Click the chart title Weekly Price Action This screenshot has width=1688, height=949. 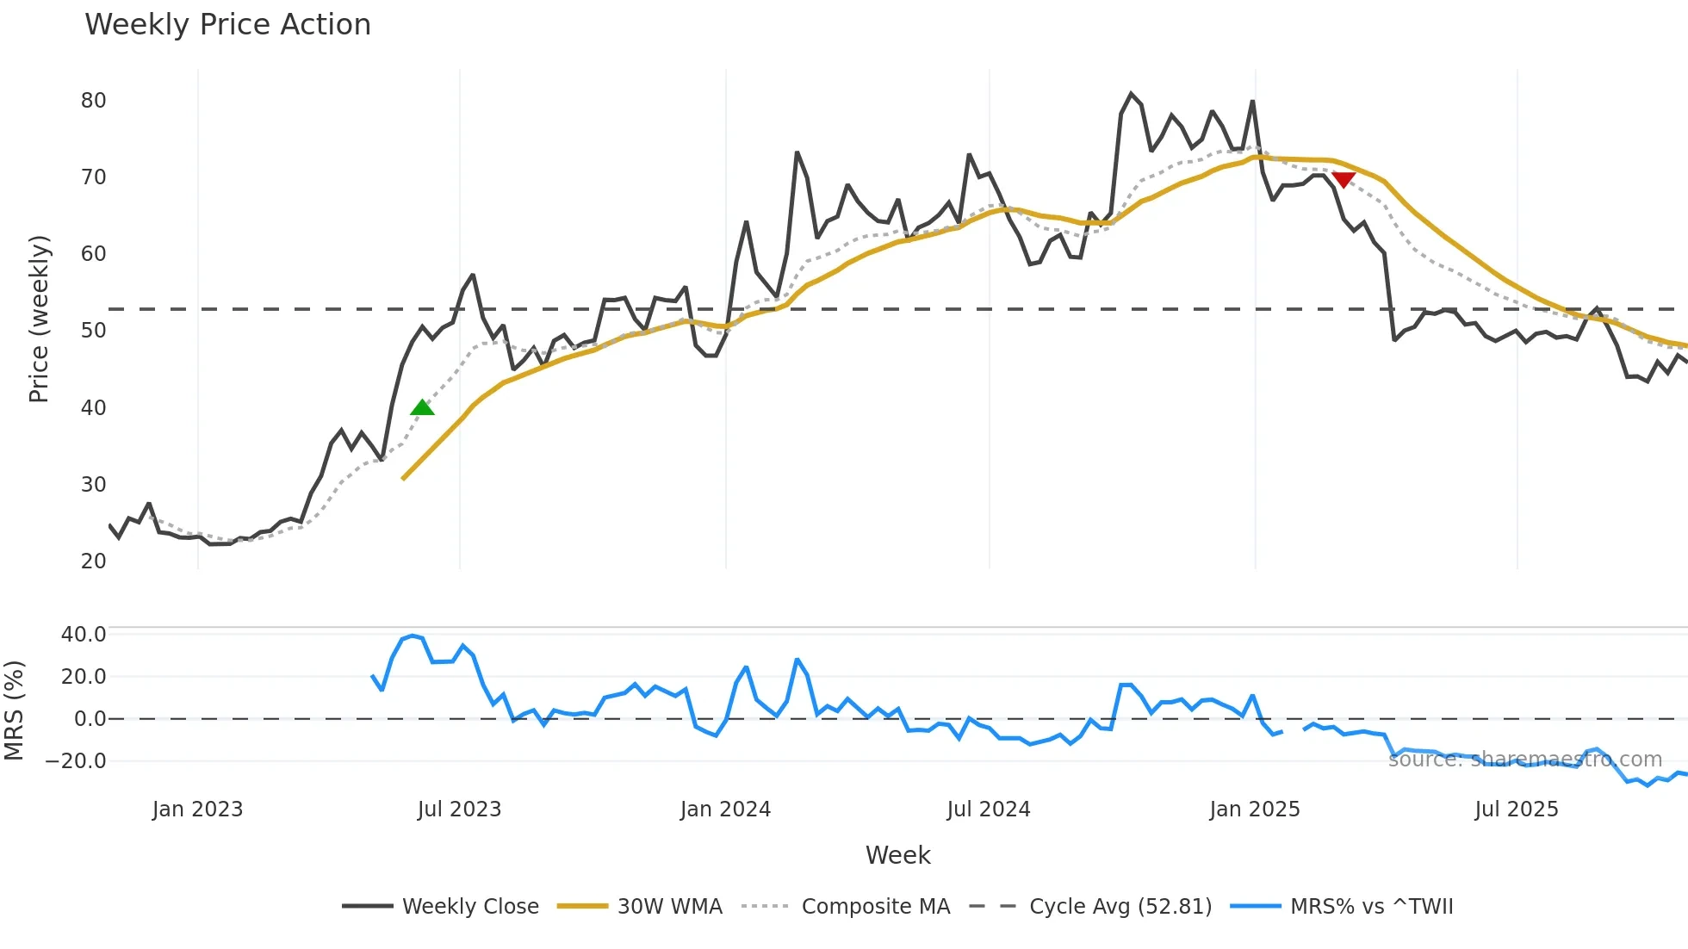(x=227, y=25)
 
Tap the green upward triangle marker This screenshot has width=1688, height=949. (x=422, y=407)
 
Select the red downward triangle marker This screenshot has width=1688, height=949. (x=1344, y=179)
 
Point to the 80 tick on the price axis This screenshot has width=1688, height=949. (x=93, y=101)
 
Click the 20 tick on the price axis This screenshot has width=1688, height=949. (x=93, y=561)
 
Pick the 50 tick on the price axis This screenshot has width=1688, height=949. (x=93, y=331)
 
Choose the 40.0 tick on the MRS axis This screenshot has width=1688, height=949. (x=84, y=635)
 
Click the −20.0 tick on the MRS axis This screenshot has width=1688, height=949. (x=76, y=761)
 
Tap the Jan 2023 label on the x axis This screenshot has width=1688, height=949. (x=197, y=809)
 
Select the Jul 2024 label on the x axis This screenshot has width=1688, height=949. (x=989, y=809)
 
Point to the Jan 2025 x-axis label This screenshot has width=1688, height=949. (x=1254, y=809)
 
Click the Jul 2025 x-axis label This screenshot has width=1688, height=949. (x=1517, y=809)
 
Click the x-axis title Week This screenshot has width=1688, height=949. (x=897, y=855)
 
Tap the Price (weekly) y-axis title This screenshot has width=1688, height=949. (x=39, y=319)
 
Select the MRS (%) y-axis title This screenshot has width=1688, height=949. (x=15, y=710)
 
